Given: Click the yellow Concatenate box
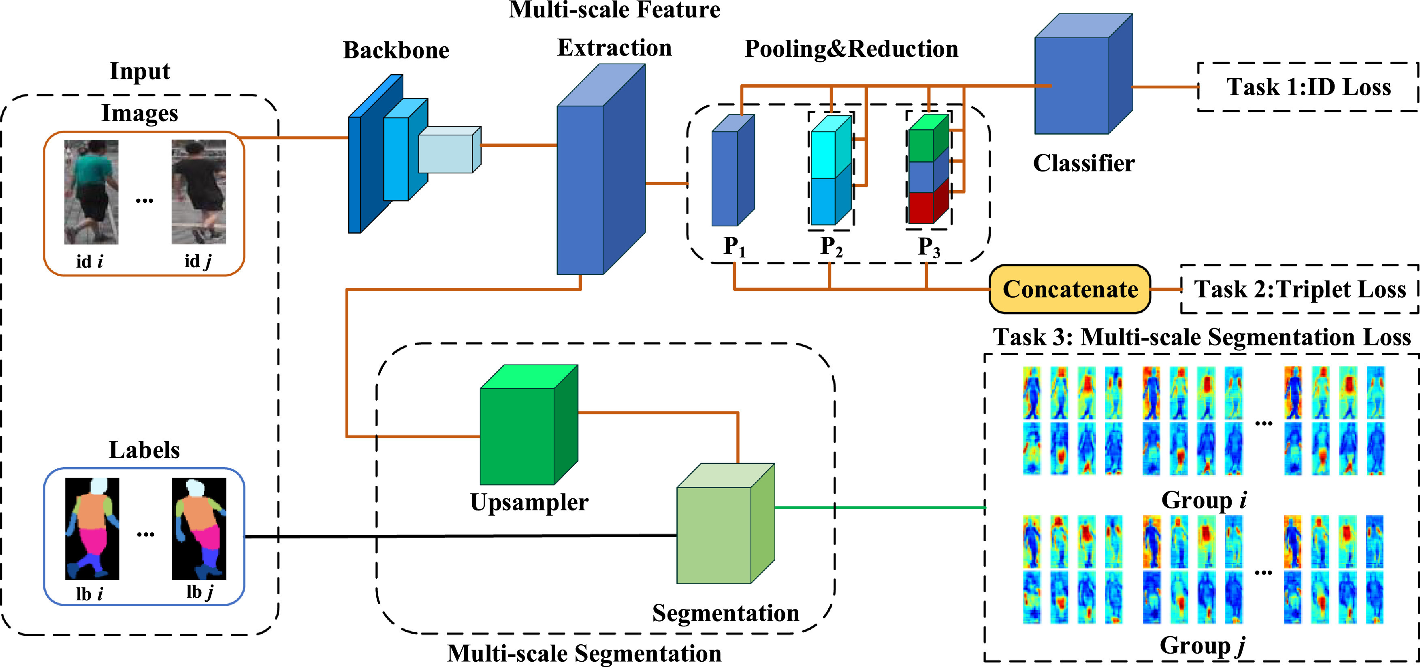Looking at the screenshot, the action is (1070, 289).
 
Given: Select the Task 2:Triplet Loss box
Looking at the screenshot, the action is (1300, 289).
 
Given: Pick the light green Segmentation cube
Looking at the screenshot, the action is (725, 523).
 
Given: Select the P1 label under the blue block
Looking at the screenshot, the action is (734, 246).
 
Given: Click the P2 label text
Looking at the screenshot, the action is (831, 246).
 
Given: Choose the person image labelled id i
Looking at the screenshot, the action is (92, 192).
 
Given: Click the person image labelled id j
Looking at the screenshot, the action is (198, 192).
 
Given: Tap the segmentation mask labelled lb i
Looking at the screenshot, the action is (92, 528).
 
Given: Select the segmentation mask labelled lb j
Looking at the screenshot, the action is (199, 528).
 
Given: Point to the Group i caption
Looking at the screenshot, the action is (1204, 500).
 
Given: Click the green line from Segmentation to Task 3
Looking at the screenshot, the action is (880, 508).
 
